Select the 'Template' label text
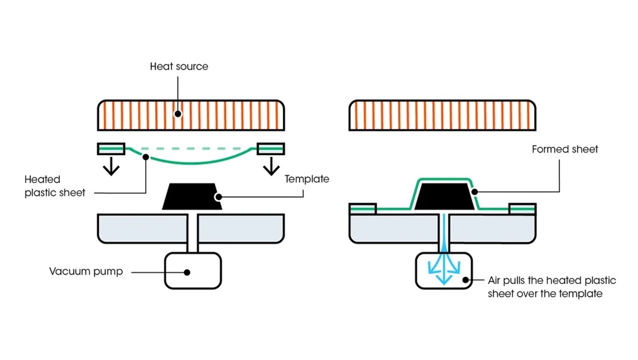(307, 179)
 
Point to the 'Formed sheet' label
(564, 149)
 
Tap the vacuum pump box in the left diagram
(193, 270)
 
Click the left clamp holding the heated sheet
(111, 148)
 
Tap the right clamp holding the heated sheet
(271, 148)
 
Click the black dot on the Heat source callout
(178, 114)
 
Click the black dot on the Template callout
(218, 197)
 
